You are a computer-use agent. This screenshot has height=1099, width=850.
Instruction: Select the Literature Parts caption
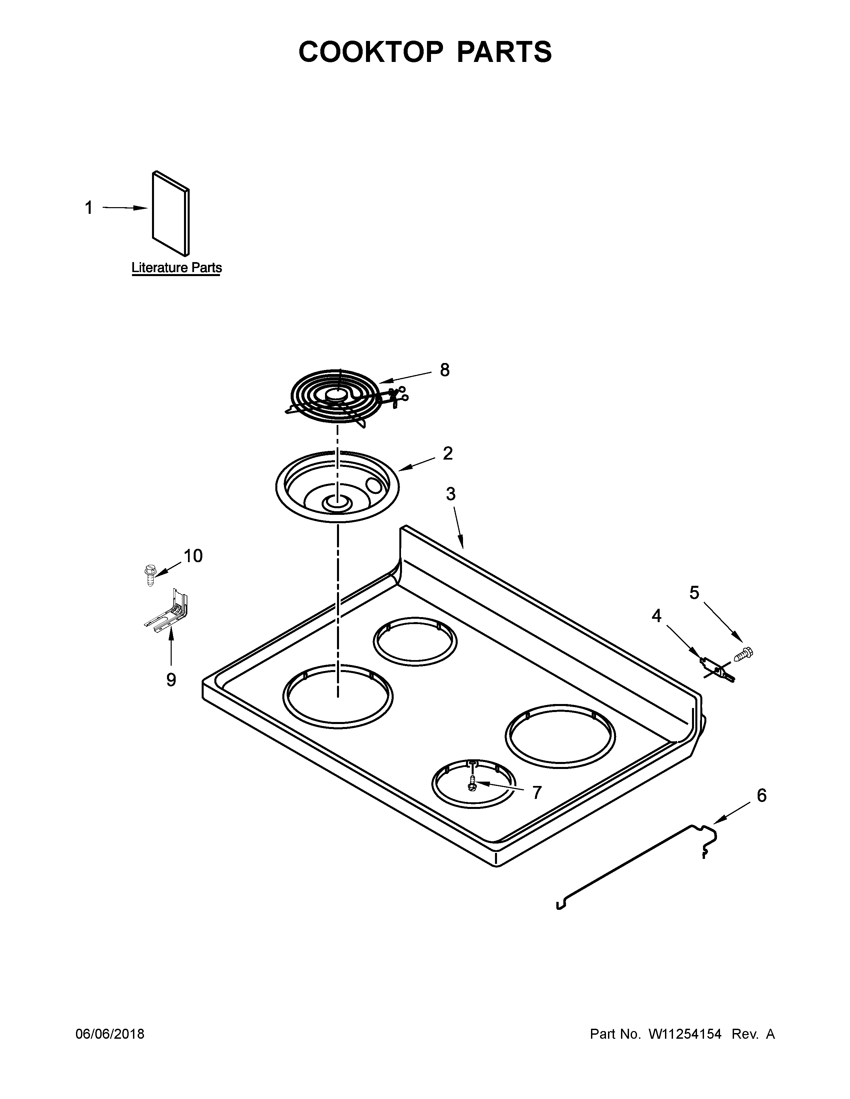(176, 268)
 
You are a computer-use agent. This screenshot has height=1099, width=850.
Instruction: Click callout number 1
(89, 208)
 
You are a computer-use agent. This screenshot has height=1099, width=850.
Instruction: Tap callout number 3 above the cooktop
(450, 494)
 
